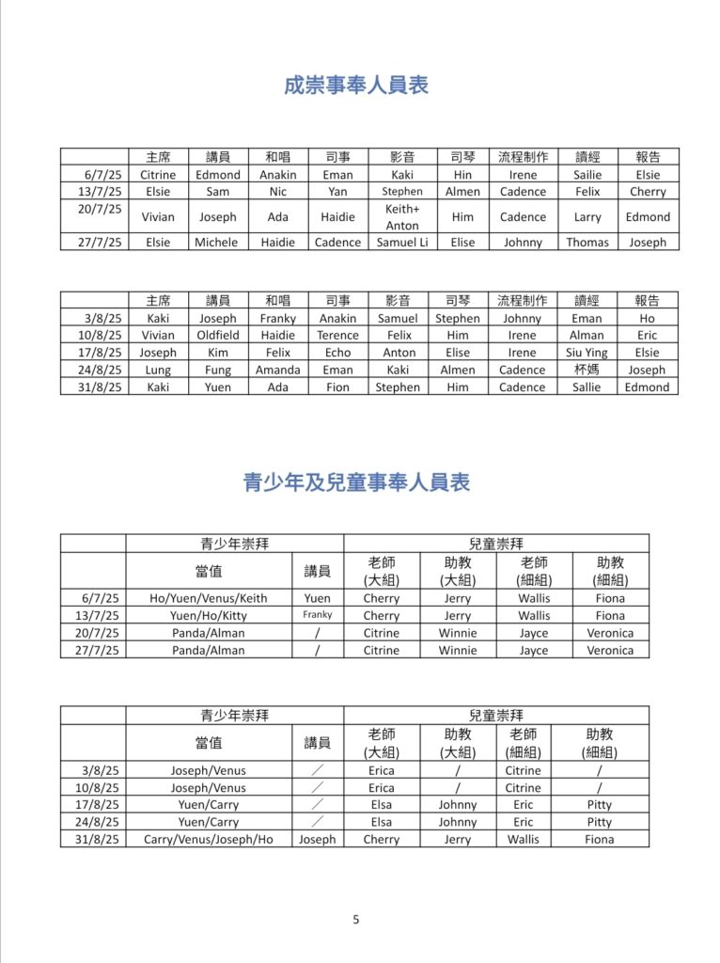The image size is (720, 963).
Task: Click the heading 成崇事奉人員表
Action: tap(356, 86)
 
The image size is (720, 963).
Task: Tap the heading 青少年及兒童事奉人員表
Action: tap(356, 483)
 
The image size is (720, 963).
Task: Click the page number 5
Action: tap(356, 920)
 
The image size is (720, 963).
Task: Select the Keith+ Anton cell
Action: tap(402, 217)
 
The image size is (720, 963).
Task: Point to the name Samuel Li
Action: tap(402, 243)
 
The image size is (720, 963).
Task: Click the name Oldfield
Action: tap(218, 336)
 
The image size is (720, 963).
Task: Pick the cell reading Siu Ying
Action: tap(587, 353)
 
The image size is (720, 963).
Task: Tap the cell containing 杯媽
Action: tap(587, 370)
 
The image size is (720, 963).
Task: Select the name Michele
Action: tap(217, 243)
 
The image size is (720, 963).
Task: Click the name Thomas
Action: tap(587, 243)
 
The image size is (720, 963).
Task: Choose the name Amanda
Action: tap(278, 370)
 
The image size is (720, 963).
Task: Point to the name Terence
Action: tap(337, 336)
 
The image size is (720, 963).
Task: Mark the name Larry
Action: tap(587, 217)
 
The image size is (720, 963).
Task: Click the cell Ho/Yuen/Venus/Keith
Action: tap(209, 598)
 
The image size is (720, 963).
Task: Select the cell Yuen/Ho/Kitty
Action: tap(209, 616)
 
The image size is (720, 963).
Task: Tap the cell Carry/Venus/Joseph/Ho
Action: tap(209, 839)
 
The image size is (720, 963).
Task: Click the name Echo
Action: tap(337, 353)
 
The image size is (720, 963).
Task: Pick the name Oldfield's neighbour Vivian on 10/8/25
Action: tap(158, 336)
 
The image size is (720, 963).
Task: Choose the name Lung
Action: tap(158, 370)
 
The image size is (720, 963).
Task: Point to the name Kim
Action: tap(218, 353)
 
